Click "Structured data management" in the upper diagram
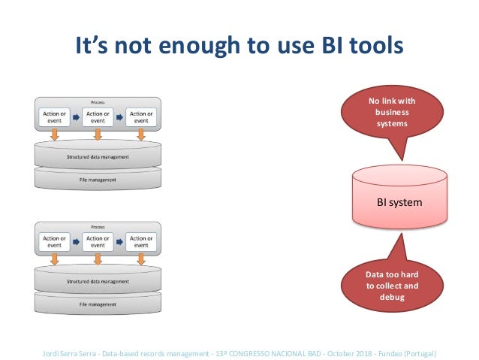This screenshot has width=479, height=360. click(97, 156)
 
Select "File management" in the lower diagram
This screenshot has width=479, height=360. click(97, 304)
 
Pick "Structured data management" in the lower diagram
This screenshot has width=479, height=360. click(97, 281)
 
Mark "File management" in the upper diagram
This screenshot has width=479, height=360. click(97, 180)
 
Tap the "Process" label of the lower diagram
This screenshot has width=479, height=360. click(97, 225)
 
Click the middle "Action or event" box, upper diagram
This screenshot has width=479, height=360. click(97, 117)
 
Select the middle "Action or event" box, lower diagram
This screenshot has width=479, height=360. click(97, 242)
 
